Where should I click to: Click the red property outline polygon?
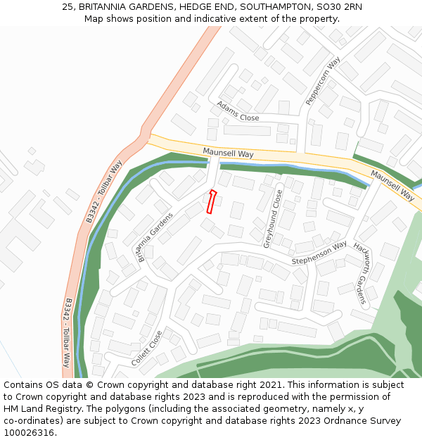pos(210,201)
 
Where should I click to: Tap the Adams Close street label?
pos(237,111)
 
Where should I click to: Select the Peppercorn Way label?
pos(323,81)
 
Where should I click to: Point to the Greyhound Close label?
pos(272,218)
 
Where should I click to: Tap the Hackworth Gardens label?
pos(360,273)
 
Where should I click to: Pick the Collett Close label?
pos(147,348)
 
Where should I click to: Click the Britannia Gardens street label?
pos(155,237)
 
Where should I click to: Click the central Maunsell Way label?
pos(228,153)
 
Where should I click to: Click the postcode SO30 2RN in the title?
pos(344,7)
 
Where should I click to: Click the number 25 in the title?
pos(68,7)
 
